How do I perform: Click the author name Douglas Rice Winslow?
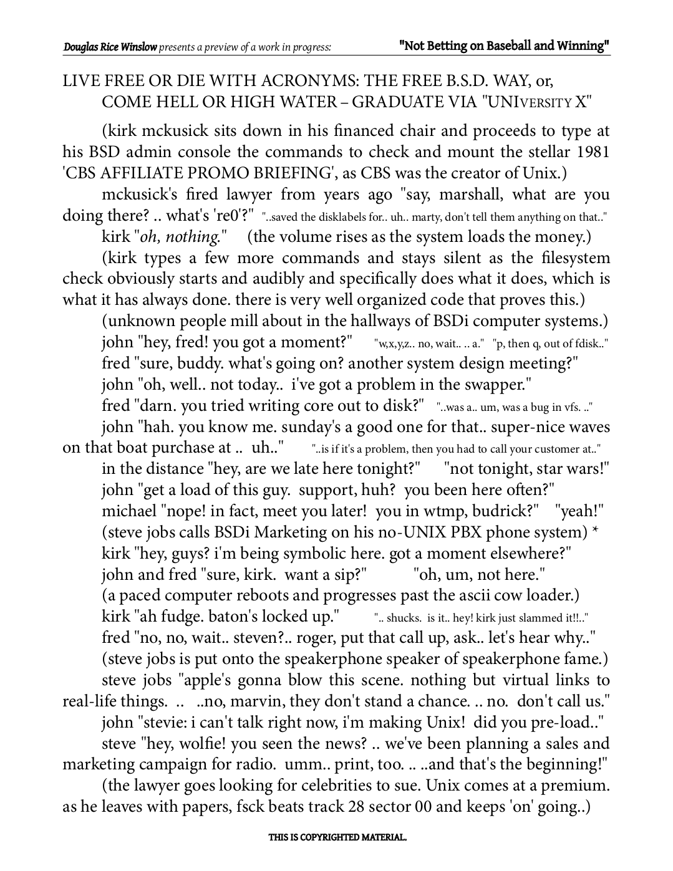110,47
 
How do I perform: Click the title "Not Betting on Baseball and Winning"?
504,46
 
